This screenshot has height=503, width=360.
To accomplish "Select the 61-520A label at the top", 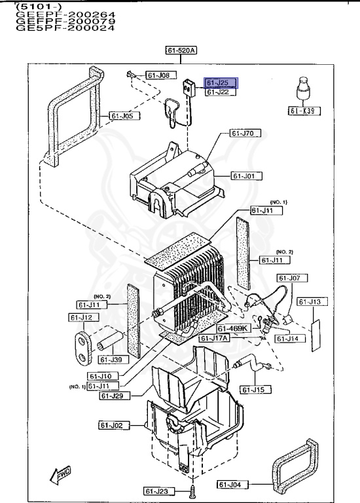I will (x=181, y=50).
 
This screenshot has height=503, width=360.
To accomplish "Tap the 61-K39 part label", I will (x=302, y=111).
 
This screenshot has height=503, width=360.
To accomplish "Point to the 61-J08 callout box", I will (x=157, y=76).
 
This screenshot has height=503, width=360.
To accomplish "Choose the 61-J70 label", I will (x=244, y=133).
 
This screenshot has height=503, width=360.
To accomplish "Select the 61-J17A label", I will (x=215, y=338).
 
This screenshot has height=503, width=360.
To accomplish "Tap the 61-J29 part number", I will (x=116, y=395).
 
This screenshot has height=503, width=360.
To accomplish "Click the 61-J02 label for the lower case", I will (x=112, y=425).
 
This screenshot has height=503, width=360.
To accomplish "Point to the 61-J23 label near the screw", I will (x=157, y=491).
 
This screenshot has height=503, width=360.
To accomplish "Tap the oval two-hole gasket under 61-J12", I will (x=82, y=345).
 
